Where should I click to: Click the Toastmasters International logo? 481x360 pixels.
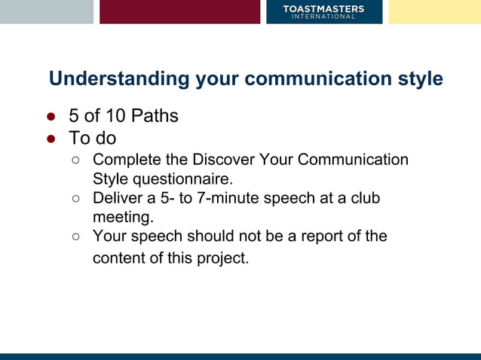pyautogui.click(x=323, y=11)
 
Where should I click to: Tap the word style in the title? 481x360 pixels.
pyautogui.click(x=419, y=79)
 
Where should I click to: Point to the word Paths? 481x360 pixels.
pyautogui.click(x=154, y=117)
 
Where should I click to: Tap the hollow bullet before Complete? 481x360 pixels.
pyautogui.click(x=76, y=160)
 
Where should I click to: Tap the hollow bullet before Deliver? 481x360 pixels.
pyautogui.click(x=76, y=199)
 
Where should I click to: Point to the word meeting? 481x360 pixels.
pyautogui.click(x=122, y=218)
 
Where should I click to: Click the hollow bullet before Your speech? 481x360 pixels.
pyautogui.click(x=76, y=236)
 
